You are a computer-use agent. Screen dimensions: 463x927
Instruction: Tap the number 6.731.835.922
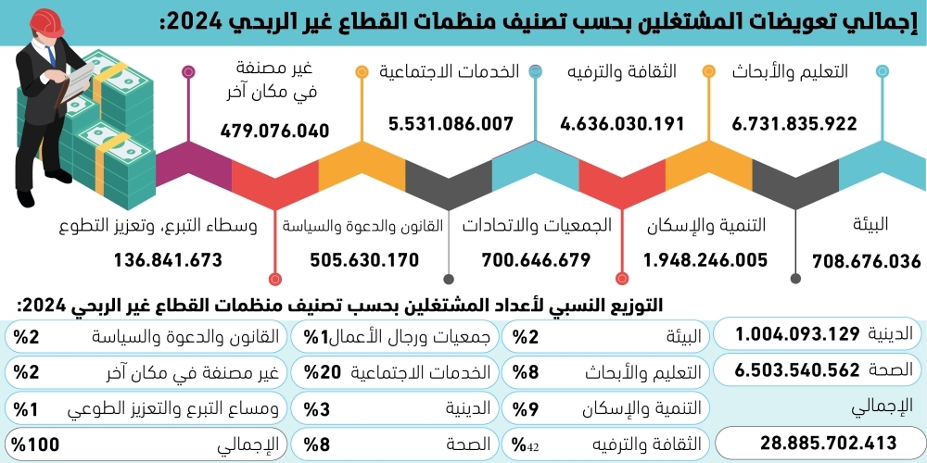click(x=794, y=123)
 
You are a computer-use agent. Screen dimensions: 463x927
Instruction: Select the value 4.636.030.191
click(x=622, y=123)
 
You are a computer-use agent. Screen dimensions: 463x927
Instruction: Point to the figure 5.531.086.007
click(x=451, y=123)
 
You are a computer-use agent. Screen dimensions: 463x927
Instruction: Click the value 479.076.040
click(x=275, y=131)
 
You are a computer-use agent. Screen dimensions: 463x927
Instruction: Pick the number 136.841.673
click(x=169, y=259)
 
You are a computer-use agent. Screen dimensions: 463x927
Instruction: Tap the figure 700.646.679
click(x=536, y=259)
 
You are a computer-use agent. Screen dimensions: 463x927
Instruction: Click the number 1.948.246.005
click(x=705, y=259)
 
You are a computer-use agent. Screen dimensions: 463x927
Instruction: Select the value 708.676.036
click(x=867, y=261)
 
